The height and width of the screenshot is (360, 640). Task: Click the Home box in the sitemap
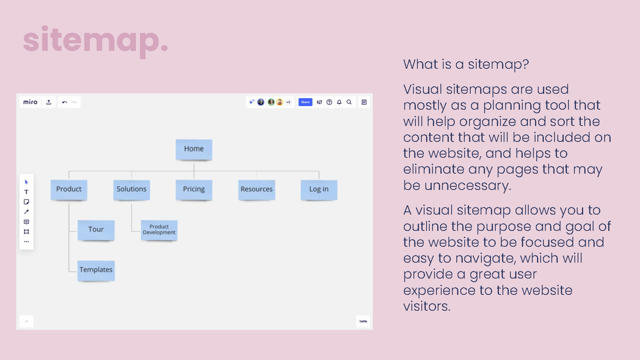(194, 149)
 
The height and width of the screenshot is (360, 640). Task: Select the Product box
(69, 190)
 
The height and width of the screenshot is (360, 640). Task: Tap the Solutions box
(132, 190)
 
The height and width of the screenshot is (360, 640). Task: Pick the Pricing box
(194, 190)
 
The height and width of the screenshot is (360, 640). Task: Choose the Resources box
(256, 190)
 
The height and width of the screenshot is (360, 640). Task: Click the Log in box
(319, 190)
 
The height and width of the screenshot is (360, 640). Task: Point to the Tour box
(96, 230)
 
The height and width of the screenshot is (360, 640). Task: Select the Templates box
(96, 270)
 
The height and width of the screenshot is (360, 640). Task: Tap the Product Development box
(159, 230)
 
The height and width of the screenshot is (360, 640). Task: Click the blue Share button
(305, 102)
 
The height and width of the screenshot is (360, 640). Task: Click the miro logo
(30, 102)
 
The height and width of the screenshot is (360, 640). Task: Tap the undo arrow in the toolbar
(64, 102)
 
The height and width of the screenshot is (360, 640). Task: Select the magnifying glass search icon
(349, 102)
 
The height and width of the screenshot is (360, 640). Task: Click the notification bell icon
(339, 102)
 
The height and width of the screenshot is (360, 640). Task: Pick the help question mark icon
(330, 102)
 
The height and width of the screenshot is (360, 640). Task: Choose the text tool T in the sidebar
(26, 192)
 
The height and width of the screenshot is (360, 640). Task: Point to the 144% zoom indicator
(363, 321)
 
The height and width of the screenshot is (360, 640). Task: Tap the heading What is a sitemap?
(466, 64)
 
